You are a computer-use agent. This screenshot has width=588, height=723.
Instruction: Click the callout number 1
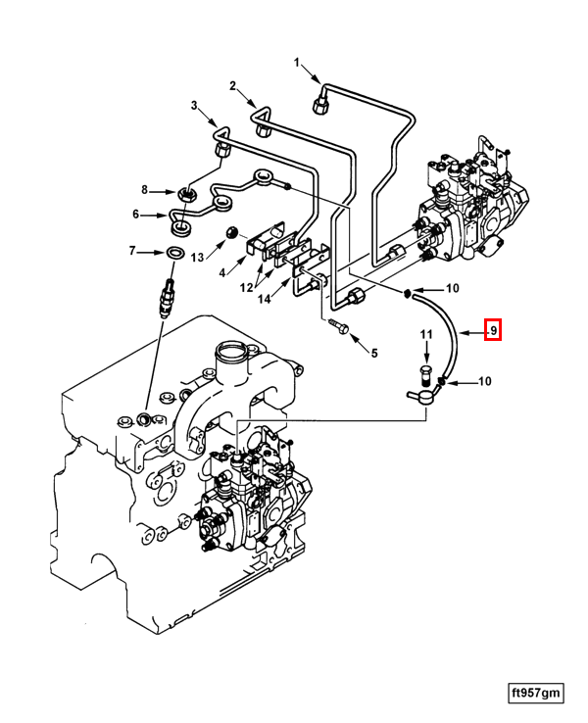tap(297, 64)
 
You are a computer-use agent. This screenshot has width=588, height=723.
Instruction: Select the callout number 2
tap(233, 86)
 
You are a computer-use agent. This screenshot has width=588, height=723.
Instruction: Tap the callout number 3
tap(194, 105)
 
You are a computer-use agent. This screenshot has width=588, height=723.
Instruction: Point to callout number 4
tap(222, 271)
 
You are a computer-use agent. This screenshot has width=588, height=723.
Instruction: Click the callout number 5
tap(371, 352)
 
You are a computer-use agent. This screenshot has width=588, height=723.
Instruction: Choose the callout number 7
tap(132, 252)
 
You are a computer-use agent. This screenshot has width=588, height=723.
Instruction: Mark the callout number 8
tap(144, 190)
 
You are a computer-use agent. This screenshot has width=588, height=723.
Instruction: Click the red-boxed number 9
tap(494, 331)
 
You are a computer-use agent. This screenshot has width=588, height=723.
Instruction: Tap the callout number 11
tap(426, 335)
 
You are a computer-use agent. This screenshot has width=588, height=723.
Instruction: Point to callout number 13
tap(197, 257)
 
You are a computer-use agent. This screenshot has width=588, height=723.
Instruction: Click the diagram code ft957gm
tap(536, 693)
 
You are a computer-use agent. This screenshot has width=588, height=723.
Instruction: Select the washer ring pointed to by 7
tap(173, 254)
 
